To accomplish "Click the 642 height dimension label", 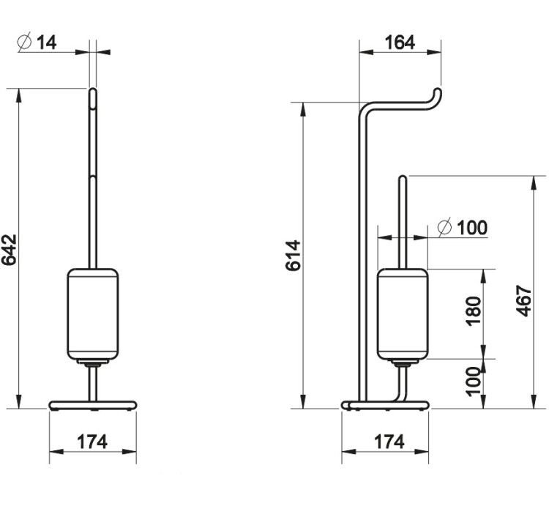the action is coord(9,250).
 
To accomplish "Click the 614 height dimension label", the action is coord(293,256).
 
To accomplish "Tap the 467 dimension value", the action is coord(524,301).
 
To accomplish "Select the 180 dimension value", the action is coord(474,311).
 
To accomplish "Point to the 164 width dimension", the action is coord(400,42).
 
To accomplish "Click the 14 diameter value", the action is coord(46,42).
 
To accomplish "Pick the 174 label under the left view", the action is coord(92,442).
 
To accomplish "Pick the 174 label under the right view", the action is coord(389,442).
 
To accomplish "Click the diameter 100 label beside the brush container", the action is coord(463,228).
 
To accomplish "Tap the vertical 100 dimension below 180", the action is coord(474,382).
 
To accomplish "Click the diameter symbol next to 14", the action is coord(24,42).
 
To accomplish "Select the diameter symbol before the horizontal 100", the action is coord(444,228).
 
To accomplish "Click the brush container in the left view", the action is coord(93,314).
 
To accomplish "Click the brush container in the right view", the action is coord(403,314).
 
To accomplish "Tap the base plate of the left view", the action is coord(93,406).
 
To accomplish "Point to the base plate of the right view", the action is coord(386,406).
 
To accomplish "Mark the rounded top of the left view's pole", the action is coord(93,89).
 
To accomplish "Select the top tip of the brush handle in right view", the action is coord(403,177).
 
